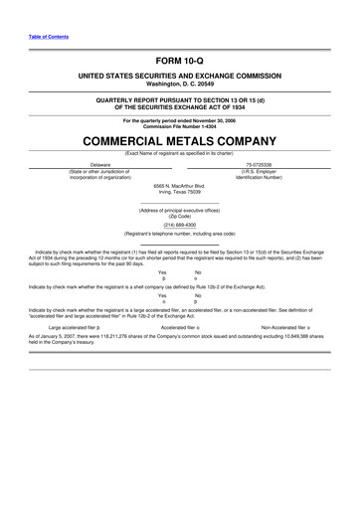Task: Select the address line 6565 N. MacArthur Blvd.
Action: pyautogui.click(x=179, y=185)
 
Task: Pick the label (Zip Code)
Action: pyautogui.click(x=179, y=216)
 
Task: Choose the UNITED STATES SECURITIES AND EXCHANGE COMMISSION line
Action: pyautogui.click(x=179, y=77)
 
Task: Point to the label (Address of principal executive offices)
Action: pyautogui.click(x=179, y=210)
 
